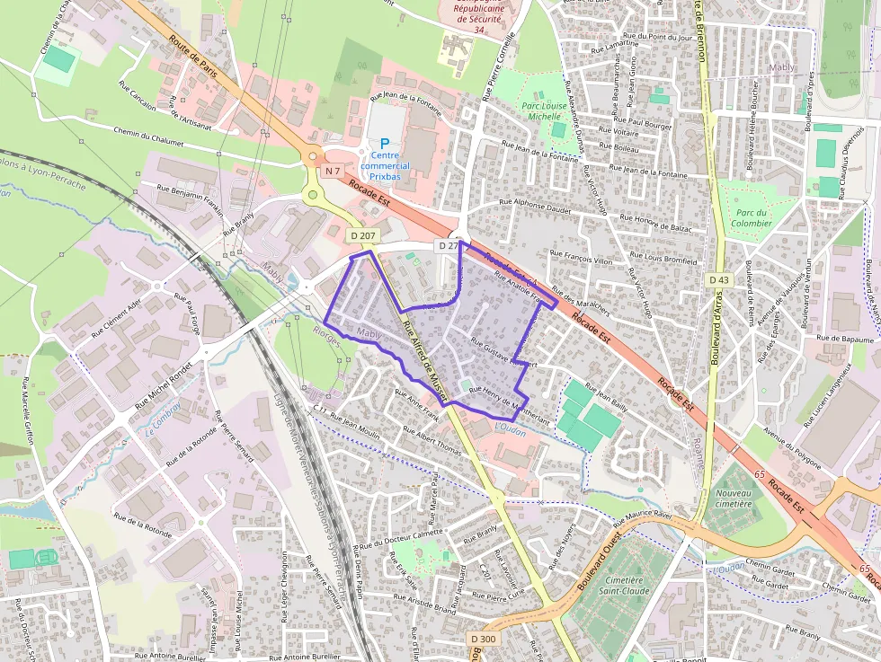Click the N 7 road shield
point(334,171)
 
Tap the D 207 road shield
point(363,235)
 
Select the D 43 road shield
point(718,280)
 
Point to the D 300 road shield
point(483,639)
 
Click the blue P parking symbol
point(386,143)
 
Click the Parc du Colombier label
point(751,217)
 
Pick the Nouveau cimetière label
point(733,499)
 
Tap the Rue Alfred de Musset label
point(425,357)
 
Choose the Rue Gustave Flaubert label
point(503,355)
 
